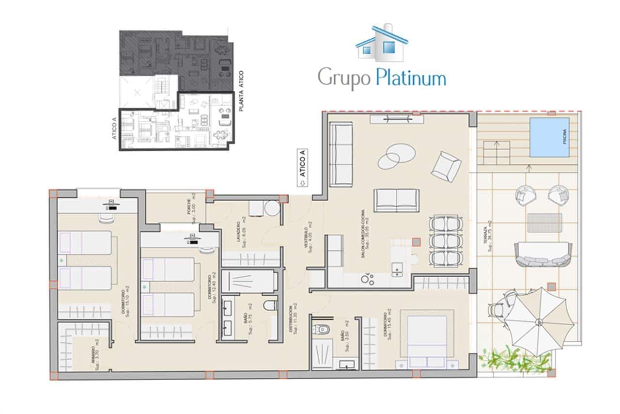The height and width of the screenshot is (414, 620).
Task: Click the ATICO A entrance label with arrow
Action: pos(302,167)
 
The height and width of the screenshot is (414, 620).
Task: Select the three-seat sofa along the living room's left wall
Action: pos(341,154)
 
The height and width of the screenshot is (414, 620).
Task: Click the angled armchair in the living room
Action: pos(446,166)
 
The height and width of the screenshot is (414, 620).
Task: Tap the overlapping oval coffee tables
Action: pos(396,156)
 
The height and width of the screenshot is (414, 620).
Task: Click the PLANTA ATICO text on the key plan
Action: pos(241,91)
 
